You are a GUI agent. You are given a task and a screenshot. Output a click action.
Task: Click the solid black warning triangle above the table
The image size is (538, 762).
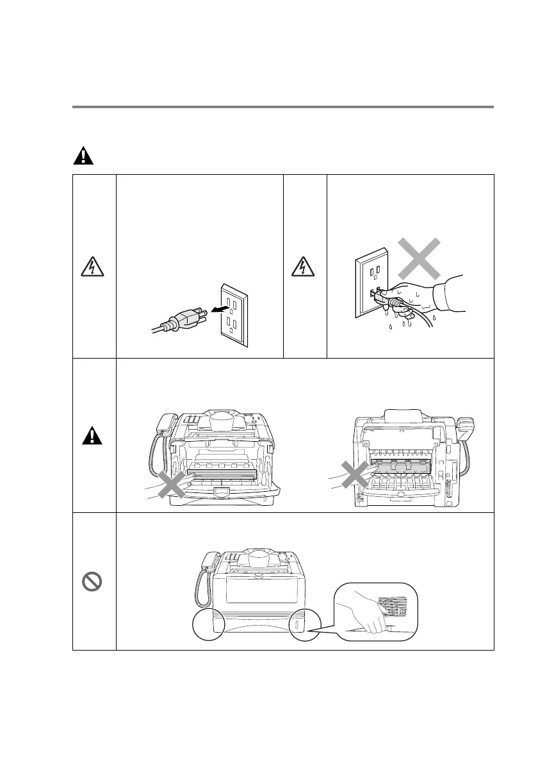[82, 156]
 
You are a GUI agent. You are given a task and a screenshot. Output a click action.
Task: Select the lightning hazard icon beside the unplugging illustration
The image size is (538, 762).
[94, 267]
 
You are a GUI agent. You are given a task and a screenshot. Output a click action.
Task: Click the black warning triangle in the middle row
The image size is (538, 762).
[94, 436]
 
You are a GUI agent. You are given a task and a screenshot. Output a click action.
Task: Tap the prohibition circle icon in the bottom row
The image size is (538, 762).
[94, 582]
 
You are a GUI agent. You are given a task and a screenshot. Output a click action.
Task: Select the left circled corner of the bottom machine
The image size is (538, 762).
[206, 624]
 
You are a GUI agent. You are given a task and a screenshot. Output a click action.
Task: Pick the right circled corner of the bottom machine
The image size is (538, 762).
[298, 624]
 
